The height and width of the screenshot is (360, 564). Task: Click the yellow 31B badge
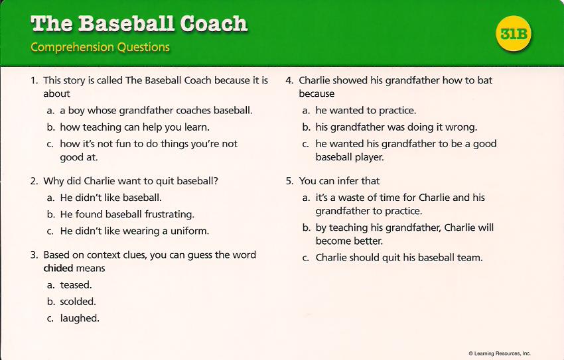click(514, 34)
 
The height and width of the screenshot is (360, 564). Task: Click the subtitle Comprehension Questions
click(100, 47)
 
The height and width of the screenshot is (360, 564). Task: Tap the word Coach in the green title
click(214, 23)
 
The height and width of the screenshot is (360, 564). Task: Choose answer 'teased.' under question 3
click(76, 285)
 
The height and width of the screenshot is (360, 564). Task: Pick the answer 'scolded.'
click(78, 302)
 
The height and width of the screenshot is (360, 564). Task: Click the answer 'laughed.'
click(80, 318)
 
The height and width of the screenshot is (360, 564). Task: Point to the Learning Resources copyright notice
click(500, 353)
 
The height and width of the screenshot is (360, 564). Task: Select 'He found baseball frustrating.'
click(127, 215)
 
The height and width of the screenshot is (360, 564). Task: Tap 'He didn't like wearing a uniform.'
click(135, 231)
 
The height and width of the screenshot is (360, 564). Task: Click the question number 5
click(289, 181)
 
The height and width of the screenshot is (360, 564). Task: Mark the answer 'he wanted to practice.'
click(366, 111)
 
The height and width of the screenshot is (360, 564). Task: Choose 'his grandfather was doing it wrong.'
click(396, 127)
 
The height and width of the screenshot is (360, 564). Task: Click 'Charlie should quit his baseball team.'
click(399, 258)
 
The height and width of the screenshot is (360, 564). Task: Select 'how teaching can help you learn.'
click(135, 127)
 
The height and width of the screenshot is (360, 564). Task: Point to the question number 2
click(34, 181)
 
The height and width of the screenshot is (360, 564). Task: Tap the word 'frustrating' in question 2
click(169, 215)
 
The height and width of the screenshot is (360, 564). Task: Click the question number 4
click(289, 80)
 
